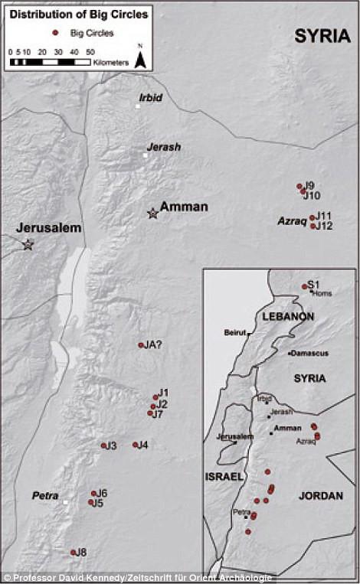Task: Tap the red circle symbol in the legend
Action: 54,33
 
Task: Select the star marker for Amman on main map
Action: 153,214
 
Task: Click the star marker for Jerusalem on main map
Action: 28,244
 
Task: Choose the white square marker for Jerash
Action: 144,155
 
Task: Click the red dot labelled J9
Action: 299,186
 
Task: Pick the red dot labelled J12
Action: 313,226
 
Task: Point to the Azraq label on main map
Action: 292,221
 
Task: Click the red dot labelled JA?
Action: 141,345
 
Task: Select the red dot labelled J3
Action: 103,445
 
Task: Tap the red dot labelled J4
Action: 135,445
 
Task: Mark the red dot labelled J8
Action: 74,552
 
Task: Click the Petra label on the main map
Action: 45,496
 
